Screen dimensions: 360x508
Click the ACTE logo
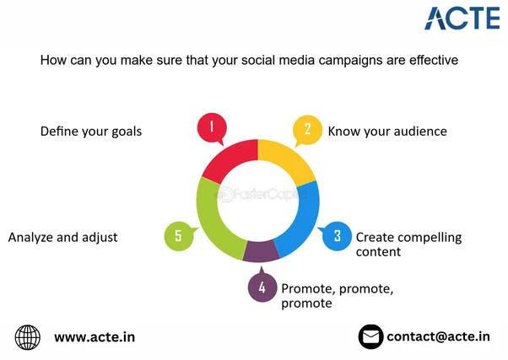point(456,18)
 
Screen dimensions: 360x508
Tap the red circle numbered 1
point(212,129)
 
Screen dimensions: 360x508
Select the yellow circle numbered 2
point(307,129)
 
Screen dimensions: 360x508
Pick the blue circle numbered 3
point(337,236)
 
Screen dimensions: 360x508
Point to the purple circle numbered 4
point(262,287)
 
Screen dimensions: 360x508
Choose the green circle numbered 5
point(178,236)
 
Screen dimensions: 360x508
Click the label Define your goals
point(91,132)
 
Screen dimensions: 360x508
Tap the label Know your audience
point(386,132)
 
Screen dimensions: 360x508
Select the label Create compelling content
point(408,244)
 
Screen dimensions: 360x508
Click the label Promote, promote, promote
point(337,295)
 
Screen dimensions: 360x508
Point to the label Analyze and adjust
point(62,237)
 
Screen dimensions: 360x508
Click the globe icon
point(28,337)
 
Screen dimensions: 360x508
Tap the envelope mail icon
point(370,337)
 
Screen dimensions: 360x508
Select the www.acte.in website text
point(94,337)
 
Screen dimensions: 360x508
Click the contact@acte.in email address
point(438,336)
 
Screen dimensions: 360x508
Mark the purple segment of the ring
point(261,251)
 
